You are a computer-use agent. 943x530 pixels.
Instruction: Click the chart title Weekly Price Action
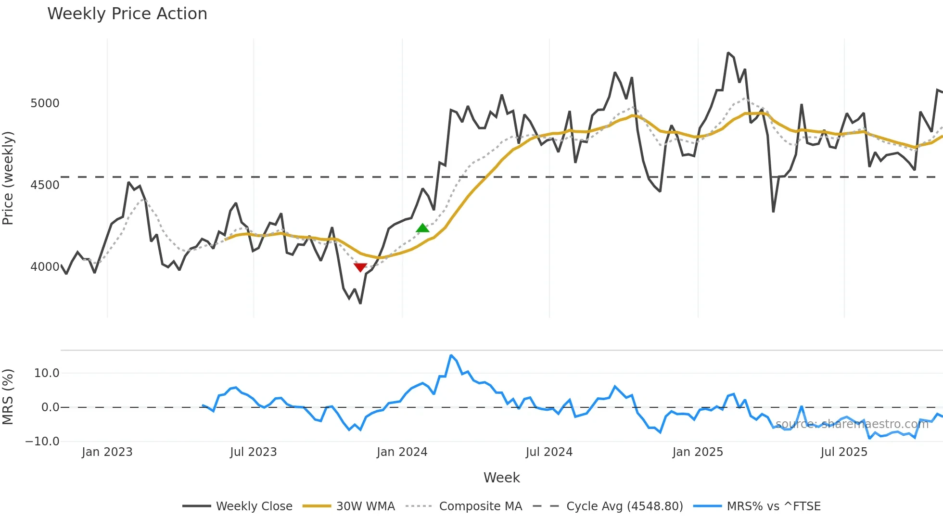point(127,14)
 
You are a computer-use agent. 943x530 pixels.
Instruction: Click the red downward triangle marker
point(360,267)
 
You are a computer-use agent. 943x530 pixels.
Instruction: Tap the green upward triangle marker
point(422,228)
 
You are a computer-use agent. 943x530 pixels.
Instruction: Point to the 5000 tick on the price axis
point(45,103)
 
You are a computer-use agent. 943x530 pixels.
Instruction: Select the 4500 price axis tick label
point(45,185)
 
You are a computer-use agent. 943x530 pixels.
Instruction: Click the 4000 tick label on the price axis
point(45,267)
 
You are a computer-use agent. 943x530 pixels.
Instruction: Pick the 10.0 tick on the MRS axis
point(47,373)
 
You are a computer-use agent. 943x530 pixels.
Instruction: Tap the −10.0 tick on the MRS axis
point(42,442)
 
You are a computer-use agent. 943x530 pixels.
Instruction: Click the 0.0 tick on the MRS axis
point(50,407)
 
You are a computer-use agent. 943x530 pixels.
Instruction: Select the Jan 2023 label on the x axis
point(107,452)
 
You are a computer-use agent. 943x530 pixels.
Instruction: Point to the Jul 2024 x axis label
point(549,452)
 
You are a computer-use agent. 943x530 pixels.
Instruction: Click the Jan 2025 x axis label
point(698,452)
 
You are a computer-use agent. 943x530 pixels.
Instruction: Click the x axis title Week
point(501,478)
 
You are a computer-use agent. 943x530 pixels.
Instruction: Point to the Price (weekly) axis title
point(8,178)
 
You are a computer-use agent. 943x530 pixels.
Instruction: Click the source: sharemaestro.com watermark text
point(852,424)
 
